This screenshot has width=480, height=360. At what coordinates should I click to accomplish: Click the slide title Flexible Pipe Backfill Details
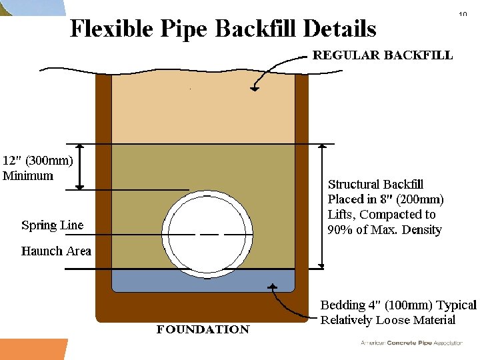[223, 29]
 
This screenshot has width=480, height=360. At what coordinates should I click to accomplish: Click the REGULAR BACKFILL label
[383, 55]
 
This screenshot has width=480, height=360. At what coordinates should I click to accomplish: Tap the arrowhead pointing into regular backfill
[254, 86]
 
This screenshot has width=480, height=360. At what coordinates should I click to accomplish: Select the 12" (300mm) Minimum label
[38, 168]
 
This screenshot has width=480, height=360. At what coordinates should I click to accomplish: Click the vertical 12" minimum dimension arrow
[81, 167]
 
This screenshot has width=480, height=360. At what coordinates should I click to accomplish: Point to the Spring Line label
[52, 225]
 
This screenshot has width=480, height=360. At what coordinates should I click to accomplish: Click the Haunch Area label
[56, 251]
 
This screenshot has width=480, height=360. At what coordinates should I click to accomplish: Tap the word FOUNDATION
[203, 329]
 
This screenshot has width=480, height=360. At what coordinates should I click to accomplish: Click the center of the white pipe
[207, 233]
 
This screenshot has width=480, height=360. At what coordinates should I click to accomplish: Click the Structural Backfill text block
[385, 207]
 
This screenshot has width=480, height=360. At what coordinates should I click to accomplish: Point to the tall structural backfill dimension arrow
[322, 206]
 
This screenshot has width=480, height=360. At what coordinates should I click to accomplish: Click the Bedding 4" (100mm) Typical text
[398, 305]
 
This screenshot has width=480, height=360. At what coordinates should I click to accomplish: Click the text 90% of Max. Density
[385, 230]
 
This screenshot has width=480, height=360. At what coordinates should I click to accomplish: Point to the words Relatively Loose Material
[388, 320]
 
